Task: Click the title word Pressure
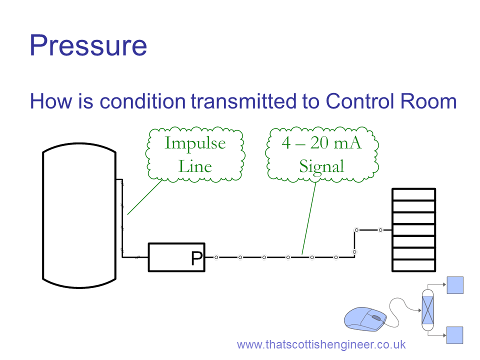click(88, 45)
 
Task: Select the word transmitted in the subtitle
click(243, 101)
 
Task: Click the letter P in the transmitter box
click(197, 258)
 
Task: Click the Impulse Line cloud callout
click(195, 154)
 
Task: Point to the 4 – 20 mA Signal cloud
click(322, 154)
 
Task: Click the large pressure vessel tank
click(79, 215)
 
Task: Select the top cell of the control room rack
click(414, 194)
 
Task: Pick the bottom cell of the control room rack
click(414, 265)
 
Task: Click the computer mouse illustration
click(365, 319)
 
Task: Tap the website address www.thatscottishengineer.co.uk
click(321, 344)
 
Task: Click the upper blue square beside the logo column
click(455, 285)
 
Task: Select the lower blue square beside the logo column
click(455, 335)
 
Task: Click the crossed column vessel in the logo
click(427, 310)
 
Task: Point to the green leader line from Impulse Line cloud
click(145, 197)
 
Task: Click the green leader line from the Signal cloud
click(309, 218)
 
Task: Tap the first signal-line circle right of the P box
click(216, 257)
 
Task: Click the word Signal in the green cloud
click(321, 166)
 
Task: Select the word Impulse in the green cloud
click(195, 143)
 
